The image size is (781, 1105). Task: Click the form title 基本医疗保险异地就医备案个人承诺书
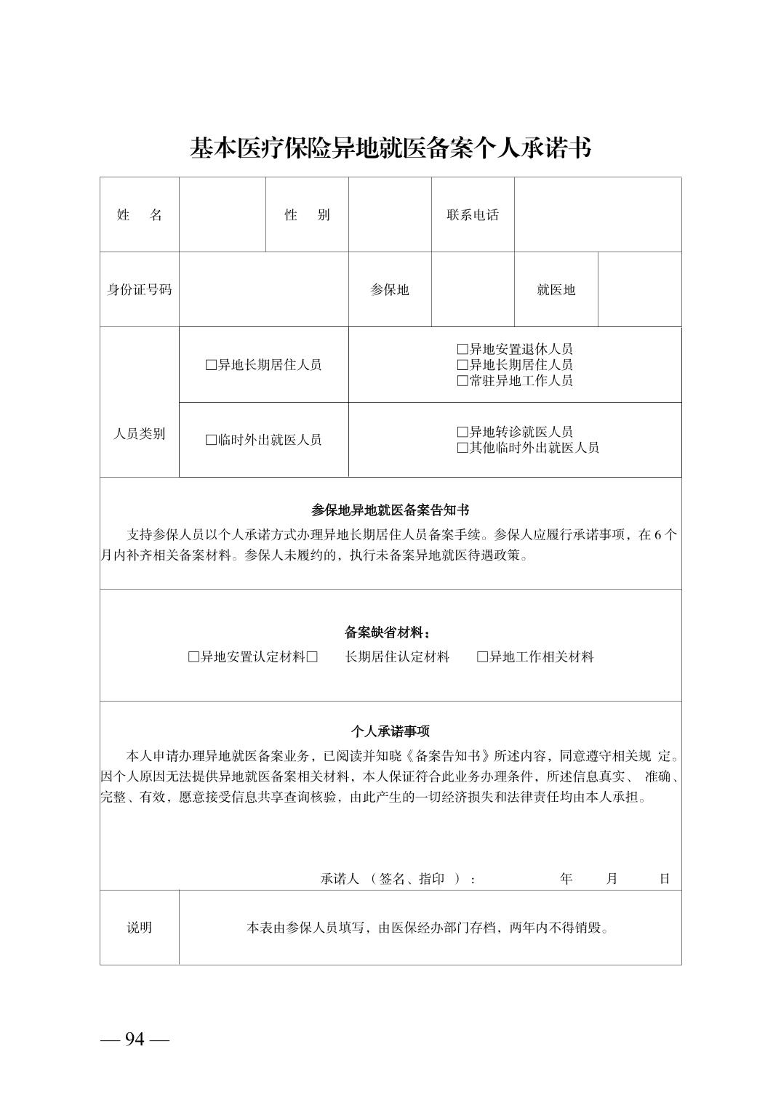tap(390, 148)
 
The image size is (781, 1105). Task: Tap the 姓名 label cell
tap(139, 215)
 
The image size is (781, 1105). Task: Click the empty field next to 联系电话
tap(597, 215)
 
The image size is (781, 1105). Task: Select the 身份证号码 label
tap(139, 290)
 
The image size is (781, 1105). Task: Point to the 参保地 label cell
tap(390, 290)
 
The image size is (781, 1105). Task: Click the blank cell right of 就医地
tap(639, 290)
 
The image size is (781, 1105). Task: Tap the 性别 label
tap(307, 215)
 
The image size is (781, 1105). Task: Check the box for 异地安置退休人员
tap(462, 350)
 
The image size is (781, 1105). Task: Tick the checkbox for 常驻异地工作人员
tap(462, 381)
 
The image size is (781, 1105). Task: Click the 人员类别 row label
tap(139, 434)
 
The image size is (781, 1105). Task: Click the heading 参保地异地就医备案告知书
tap(390, 510)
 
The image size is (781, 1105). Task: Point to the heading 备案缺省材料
tap(390, 632)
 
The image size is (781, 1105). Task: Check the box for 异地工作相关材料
tap(482, 657)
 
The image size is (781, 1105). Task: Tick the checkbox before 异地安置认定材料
tap(193, 657)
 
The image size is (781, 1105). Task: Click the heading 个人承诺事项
tap(390, 731)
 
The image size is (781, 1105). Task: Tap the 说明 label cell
tap(139, 928)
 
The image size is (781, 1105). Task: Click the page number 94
tap(135, 1040)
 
